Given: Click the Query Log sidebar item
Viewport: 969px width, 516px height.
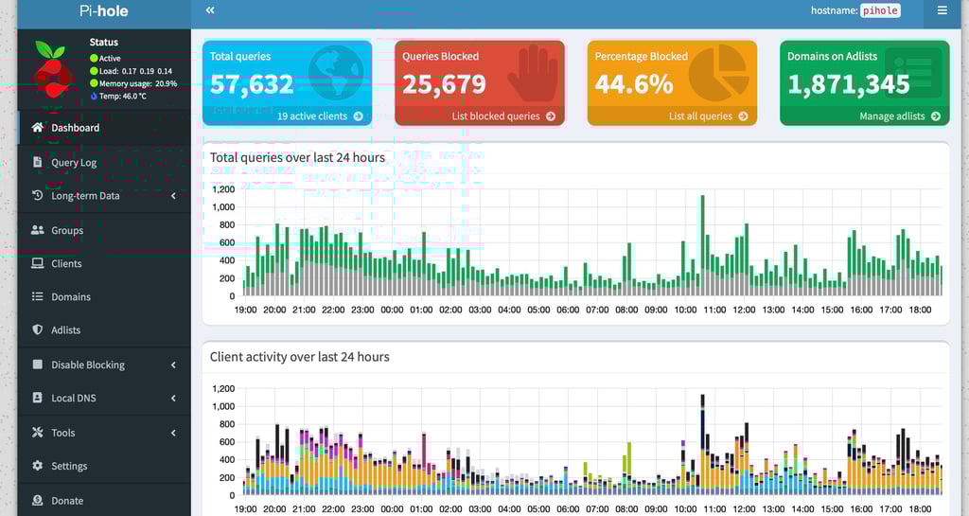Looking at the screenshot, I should tap(73, 163).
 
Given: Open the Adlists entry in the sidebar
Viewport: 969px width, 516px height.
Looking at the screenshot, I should tap(65, 330).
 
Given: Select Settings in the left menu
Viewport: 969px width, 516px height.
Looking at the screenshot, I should tap(69, 466).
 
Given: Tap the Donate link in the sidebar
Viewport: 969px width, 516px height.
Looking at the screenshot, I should tap(67, 501).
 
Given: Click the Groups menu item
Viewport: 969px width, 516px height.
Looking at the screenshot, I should tap(67, 230).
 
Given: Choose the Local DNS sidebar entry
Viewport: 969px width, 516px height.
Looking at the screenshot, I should tap(73, 399).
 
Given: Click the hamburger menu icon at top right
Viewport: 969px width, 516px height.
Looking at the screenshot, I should tap(942, 10).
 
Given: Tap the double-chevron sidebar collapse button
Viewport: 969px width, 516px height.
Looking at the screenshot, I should tap(210, 10).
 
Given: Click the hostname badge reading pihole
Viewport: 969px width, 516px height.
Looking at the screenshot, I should tap(880, 10).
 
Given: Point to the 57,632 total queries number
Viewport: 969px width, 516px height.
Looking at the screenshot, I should tap(252, 84).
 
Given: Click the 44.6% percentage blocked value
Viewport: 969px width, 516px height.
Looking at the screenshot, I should tap(634, 84).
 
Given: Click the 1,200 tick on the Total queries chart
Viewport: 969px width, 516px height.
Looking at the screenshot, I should tap(222, 189).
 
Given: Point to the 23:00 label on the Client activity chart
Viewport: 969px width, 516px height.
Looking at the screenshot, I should tap(362, 508).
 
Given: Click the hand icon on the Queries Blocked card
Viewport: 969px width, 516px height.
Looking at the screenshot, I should tap(532, 74).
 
